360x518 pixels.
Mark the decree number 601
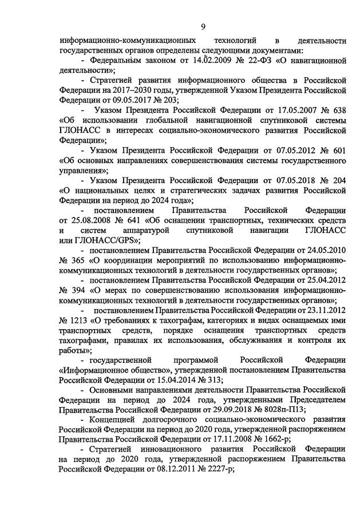(x=338, y=149)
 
